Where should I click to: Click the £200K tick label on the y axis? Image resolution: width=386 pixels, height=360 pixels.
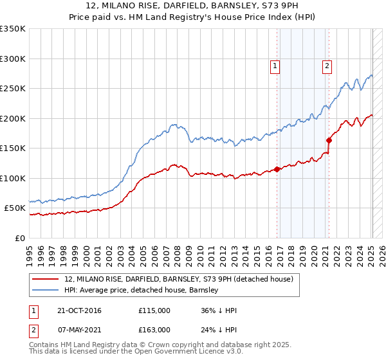tap(13, 118)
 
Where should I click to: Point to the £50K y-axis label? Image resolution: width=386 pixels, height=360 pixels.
tap(15, 208)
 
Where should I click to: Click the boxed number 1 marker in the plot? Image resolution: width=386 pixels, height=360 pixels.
tap(275, 65)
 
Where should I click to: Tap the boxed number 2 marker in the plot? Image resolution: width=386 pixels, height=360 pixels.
tap(327, 65)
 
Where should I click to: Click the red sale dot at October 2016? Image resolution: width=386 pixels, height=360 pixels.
tap(277, 169)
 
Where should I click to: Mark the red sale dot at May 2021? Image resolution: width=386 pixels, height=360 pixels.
tap(329, 140)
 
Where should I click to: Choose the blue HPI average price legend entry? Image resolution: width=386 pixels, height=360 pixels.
tap(142, 291)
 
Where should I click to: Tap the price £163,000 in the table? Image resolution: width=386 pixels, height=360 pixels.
tap(154, 330)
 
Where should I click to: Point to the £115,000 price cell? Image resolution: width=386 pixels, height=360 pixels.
tap(154, 310)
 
